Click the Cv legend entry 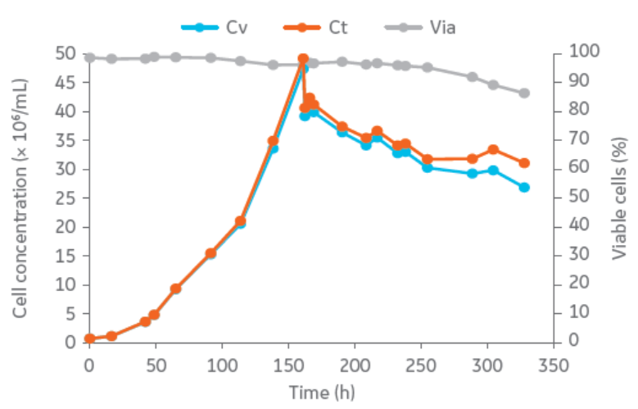[x=215, y=27]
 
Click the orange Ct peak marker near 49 [x=303, y=59]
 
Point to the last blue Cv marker [x=524, y=187]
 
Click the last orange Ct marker [x=524, y=163]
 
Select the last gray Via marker [x=524, y=93]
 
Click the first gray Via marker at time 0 [x=90, y=58]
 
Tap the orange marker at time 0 [x=90, y=339]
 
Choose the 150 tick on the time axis [x=288, y=363]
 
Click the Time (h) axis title [x=321, y=392]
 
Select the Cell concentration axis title [x=21, y=197]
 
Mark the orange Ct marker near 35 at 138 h [x=274, y=141]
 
